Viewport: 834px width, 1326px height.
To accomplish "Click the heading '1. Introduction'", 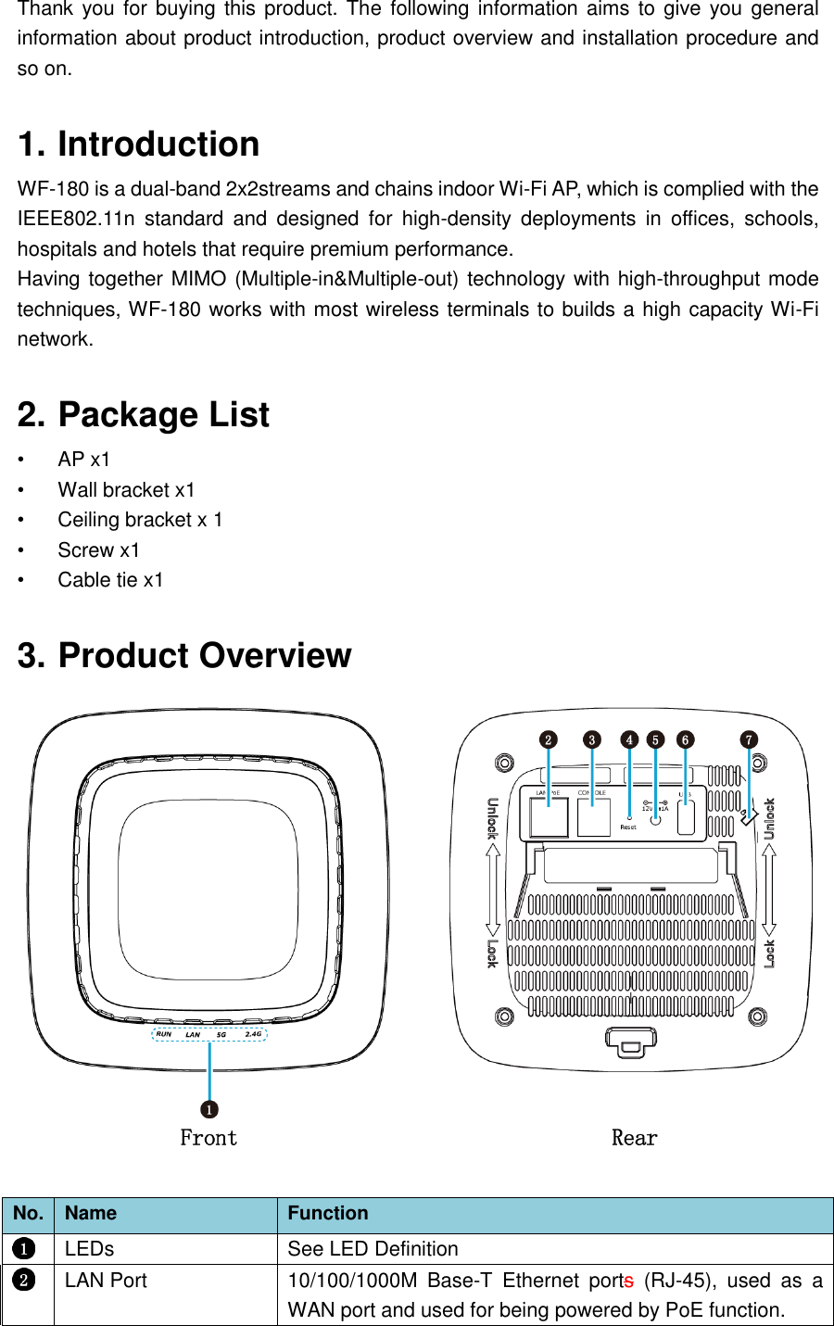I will pos(138,145).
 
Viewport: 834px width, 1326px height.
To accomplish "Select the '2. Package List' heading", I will pos(144,414).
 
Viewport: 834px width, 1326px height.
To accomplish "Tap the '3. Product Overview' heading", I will pos(184,655).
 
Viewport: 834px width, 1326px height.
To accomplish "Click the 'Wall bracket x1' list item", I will pos(126,489).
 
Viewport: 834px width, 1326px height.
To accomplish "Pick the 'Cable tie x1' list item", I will pos(110,580).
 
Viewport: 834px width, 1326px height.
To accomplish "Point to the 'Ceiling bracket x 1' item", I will pos(140,520).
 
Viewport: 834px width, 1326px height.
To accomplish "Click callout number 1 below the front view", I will pos(209,1109).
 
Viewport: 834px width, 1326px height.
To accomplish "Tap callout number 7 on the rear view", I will pos(749,739).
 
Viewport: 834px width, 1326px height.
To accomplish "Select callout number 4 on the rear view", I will pos(629,739).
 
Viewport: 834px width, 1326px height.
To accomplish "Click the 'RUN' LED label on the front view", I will pos(164,1034).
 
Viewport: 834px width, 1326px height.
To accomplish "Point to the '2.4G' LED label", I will pos(253,1034).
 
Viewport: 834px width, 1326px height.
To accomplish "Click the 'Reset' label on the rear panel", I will pos(628,827).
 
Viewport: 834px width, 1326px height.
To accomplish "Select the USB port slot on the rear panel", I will pos(686,817).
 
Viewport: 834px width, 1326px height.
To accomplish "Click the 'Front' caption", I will pos(208,1138).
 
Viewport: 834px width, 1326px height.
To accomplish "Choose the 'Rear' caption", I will pos(634,1138).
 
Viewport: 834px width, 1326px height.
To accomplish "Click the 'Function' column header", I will pos(327,1213).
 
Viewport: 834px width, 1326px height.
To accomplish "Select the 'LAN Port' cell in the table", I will pos(106,1281).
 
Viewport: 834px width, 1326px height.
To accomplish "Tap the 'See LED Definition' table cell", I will pos(373,1249).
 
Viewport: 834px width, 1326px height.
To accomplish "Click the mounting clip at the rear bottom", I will pos(630,1042).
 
